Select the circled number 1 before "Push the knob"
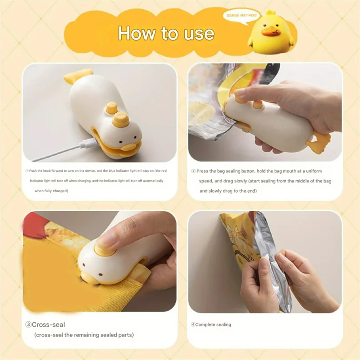[x=27, y=171]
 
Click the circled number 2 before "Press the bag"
[x=193, y=171]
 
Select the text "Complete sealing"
[x=213, y=324]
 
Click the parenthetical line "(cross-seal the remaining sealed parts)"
[x=84, y=335]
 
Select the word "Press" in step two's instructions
[x=203, y=171]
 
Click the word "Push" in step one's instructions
[x=34, y=171]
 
